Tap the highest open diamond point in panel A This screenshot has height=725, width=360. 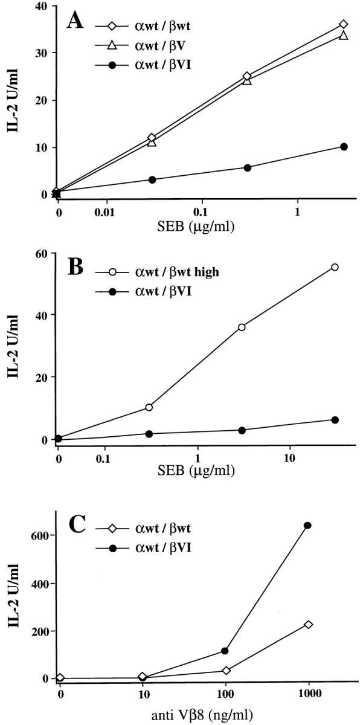[344, 24]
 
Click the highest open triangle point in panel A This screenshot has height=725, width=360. [344, 35]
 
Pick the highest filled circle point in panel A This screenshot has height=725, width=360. [344, 147]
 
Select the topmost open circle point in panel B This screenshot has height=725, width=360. [335, 267]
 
